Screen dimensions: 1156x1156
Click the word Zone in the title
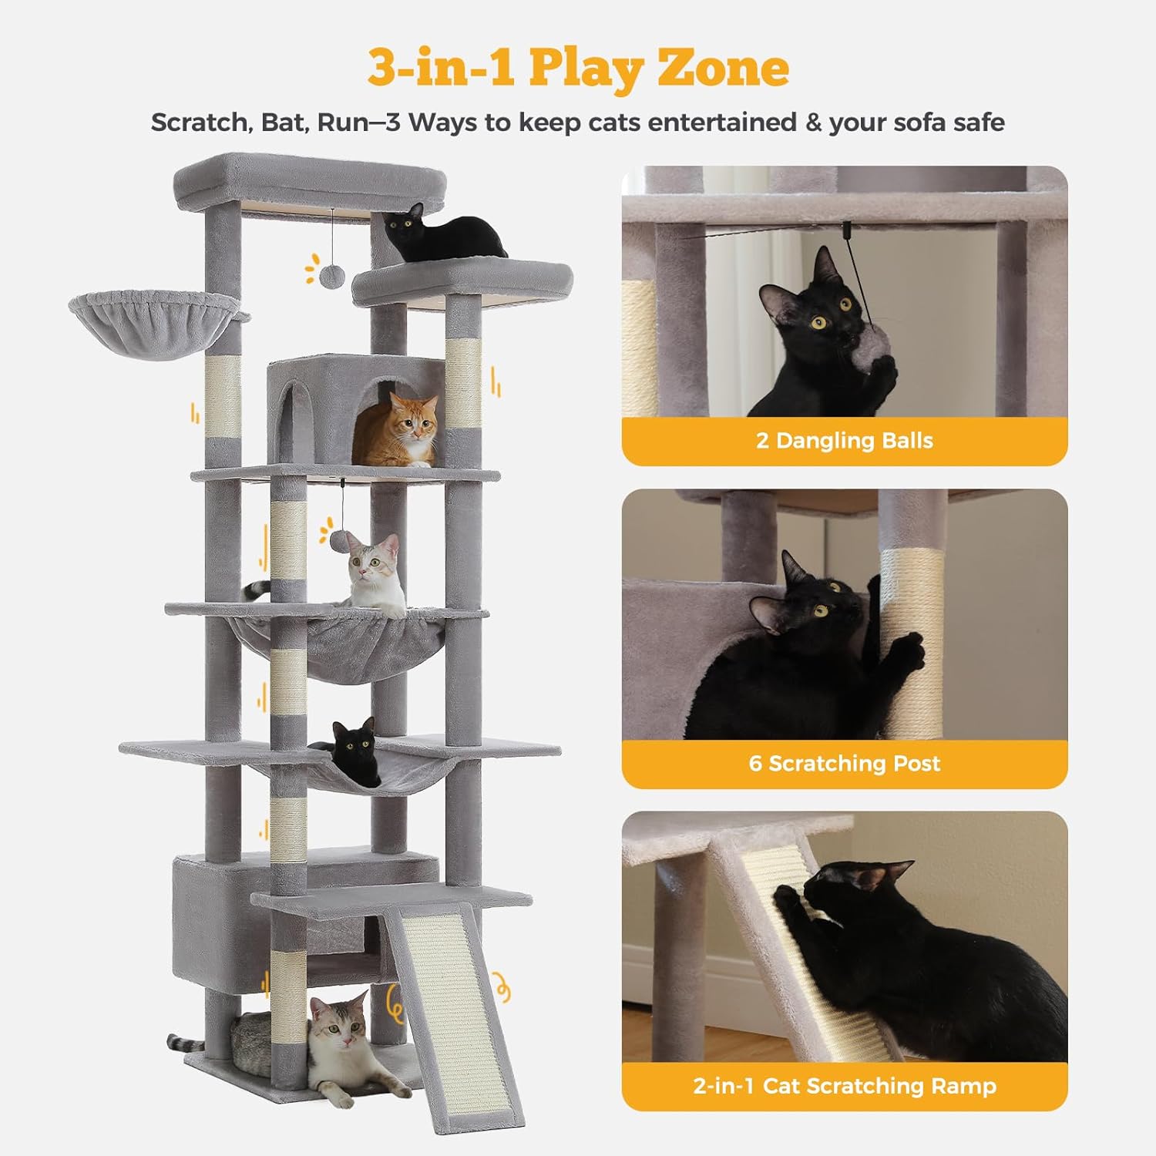tap(723, 67)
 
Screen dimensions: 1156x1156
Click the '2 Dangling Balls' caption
tap(845, 441)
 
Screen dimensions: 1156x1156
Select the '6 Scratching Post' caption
tap(845, 764)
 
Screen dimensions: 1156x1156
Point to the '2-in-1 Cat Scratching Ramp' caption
tap(845, 1086)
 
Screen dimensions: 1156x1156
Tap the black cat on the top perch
tap(443, 230)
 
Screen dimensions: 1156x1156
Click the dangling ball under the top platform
tap(332, 274)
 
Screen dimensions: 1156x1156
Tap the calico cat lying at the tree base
tap(351, 1044)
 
